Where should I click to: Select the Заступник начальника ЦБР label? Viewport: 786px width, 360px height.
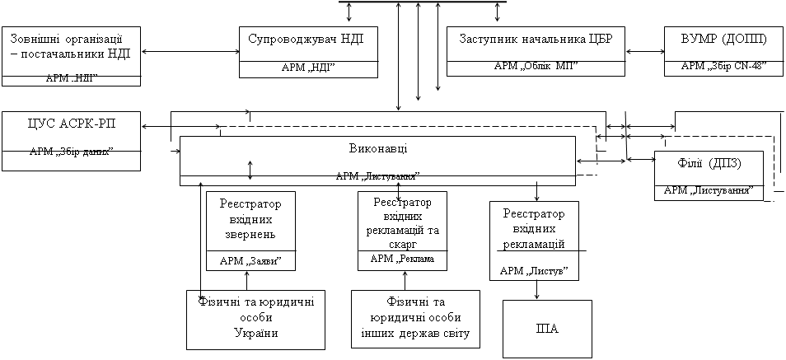coord(536,40)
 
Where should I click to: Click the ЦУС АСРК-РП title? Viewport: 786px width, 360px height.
coord(71,124)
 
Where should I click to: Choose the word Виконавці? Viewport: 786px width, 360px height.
coord(377,147)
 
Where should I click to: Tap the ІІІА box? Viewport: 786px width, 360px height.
coord(547,329)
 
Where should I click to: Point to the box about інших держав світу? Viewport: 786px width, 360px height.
coord(415,319)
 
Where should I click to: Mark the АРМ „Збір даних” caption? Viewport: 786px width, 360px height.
coord(71,152)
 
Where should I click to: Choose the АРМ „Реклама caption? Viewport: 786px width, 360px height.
coord(402,259)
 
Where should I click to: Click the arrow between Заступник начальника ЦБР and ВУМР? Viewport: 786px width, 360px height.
coord(644,52)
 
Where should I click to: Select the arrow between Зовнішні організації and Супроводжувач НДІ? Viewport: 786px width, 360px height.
coord(189,52)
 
